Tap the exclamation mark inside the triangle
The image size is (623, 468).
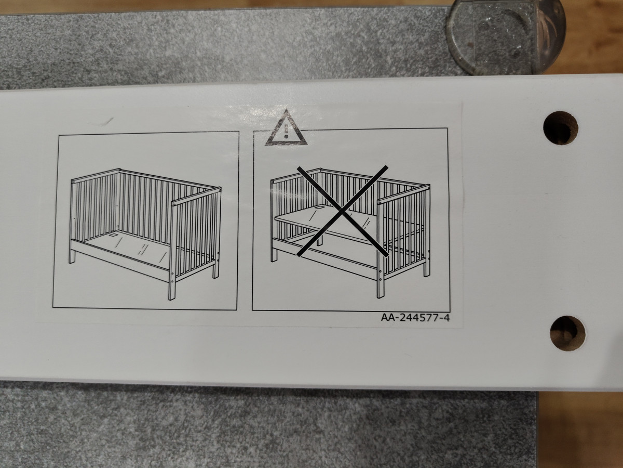click(286, 131)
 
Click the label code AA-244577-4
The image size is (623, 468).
click(415, 317)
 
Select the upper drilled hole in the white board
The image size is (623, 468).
click(561, 128)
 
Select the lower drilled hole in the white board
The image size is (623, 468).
click(567, 333)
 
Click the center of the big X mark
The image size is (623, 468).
click(343, 212)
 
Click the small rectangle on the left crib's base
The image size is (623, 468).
click(114, 235)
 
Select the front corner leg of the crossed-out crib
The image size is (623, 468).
click(381, 284)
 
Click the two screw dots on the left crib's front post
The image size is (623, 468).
click(172, 277)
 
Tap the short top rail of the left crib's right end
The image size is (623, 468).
click(196, 196)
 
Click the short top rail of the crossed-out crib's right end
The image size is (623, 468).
click(403, 194)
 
